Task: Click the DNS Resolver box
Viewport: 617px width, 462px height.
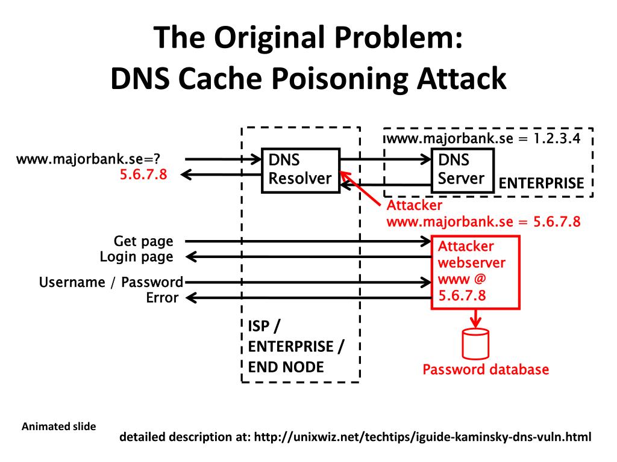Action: (x=300, y=170)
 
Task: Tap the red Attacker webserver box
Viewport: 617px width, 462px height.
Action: (x=475, y=271)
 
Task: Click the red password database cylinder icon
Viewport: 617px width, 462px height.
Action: (x=475, y=345)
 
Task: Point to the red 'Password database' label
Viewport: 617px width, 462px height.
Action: (x=486, y=369)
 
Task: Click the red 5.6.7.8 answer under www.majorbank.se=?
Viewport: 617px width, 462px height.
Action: (x=143, y=175)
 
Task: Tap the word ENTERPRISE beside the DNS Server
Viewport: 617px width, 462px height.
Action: (x=541, y=183)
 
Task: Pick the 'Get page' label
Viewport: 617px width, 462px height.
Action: (x=143, y=241)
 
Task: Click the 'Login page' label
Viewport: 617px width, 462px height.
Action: (x=136, y=257)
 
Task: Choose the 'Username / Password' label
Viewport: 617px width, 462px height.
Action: (x=111, y=282)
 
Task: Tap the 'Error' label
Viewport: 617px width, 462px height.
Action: (x=162, y=297)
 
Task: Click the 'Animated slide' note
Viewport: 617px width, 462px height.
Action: (x=58, y=427)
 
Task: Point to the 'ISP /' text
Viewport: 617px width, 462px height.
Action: (x=263, y=326)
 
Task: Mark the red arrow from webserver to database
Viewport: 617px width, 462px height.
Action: (x=475, y=318)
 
